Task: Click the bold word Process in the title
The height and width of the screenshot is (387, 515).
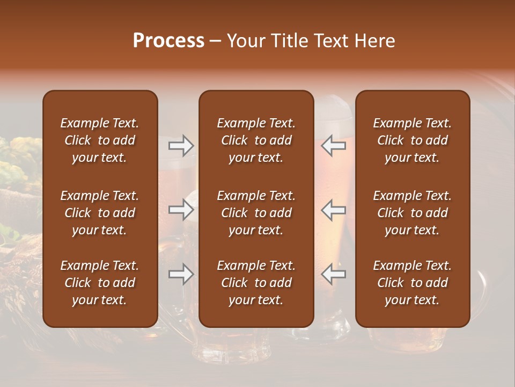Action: coord(168,41)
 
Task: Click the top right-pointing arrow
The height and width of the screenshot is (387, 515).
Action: coord(181,146)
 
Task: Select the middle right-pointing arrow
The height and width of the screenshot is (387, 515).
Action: coord(181,210)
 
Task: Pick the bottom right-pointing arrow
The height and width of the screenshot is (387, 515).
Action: coord(181,274)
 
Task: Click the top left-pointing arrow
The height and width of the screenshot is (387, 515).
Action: coord(333,146)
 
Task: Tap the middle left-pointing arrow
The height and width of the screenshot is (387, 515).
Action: coord(333,210)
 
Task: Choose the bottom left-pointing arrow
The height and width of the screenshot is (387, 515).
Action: coord(333,274)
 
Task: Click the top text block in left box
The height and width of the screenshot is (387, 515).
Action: coord(100,140)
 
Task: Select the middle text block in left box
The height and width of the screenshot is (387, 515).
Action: coord(100,213)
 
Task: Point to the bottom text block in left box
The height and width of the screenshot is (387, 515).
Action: coord(100,283)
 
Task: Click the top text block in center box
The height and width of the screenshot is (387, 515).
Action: coord(256,140)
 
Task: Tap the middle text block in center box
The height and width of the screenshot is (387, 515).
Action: coord(256,213)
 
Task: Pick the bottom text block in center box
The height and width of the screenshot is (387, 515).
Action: coord(256,283)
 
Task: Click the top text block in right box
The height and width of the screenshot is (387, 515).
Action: coord(412,140)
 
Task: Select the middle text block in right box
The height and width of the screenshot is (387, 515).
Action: coord(412,213)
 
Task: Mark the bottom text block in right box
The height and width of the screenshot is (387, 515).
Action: coord(412,283)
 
